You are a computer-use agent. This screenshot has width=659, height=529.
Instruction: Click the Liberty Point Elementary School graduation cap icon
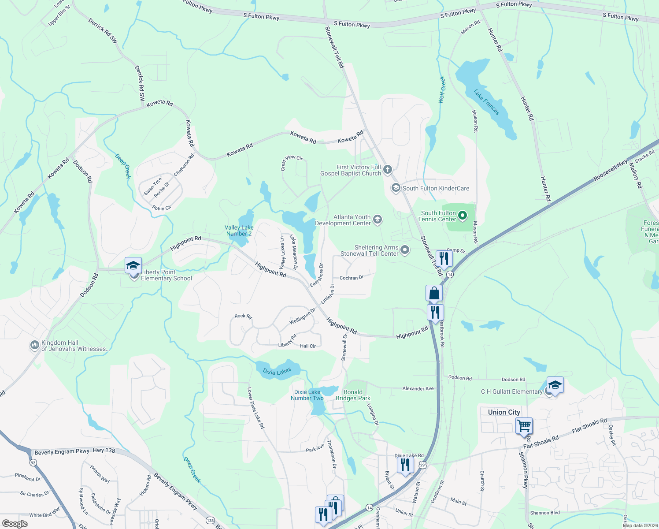pos(133,266)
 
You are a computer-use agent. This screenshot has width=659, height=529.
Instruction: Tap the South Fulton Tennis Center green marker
pos(462,216)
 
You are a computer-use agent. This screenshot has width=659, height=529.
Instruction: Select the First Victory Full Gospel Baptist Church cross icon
pos(388,169)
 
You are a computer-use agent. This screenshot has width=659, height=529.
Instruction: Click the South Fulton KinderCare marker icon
pos(396,188)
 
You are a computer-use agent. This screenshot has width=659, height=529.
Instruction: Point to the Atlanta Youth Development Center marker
pos(377,220)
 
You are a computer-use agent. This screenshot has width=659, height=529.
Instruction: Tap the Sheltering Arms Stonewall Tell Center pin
pos(405,250)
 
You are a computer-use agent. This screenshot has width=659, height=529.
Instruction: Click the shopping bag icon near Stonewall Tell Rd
pos(434,294)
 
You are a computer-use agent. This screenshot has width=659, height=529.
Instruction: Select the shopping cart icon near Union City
pos(524,426)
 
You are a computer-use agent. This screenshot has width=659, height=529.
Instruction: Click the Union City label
pos(504,412)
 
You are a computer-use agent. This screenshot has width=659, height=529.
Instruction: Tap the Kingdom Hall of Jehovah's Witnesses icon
pos(35,345)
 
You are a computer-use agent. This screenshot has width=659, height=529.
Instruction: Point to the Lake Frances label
pos(487,102)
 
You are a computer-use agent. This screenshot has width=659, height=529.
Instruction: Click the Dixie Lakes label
pos(277,372)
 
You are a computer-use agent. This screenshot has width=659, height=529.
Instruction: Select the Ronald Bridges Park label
pos(353,395)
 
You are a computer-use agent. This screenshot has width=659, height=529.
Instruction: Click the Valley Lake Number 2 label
pos(239,231)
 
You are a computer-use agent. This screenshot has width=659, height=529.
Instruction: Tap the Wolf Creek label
pos(442,90)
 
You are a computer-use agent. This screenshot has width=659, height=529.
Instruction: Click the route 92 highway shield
pos(33,462)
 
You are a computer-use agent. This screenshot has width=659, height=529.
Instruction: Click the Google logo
pos(15,524)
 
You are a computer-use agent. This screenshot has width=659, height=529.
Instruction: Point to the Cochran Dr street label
pos(352,278)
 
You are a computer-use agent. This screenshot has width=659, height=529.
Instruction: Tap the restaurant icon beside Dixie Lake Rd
pos(405,465)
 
